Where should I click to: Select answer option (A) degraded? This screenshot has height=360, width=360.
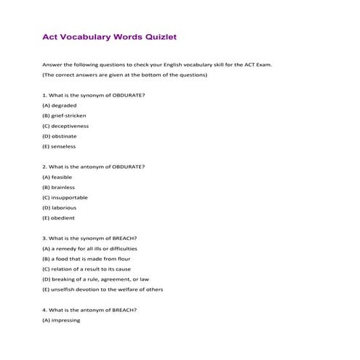click(60, 105)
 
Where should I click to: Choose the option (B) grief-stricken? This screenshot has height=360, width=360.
click(65, 116)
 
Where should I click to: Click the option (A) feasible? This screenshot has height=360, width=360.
click(58, 177)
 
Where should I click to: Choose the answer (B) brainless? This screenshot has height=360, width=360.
click(59, 187)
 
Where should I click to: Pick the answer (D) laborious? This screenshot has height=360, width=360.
click(60, 207)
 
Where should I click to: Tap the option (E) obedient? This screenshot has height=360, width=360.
click(59, 217)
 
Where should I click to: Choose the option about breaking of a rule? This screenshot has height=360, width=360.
click(96, 279)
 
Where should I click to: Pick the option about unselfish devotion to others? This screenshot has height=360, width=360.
click(103, 289)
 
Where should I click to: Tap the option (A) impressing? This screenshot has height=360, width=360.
click(62, 319)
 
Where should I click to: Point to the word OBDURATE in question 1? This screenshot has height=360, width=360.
click(129, 95)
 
